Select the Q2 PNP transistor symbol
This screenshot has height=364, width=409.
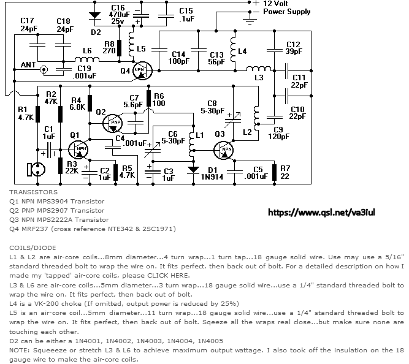113,123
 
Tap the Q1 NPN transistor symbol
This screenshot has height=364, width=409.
78,150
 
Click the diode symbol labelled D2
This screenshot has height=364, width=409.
94,15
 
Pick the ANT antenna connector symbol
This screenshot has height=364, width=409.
44,70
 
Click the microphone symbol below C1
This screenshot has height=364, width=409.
34,169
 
